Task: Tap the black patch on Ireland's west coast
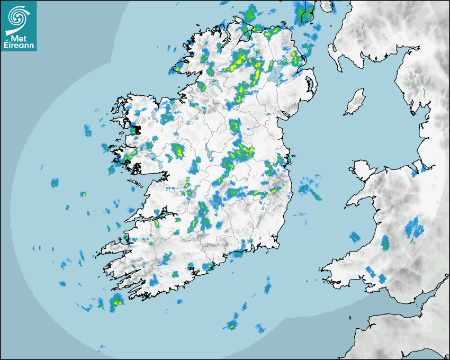click(137, 129)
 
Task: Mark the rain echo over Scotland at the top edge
click(305, 12)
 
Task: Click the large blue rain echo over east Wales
click(414, 229)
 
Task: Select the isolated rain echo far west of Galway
click(55, 183)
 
